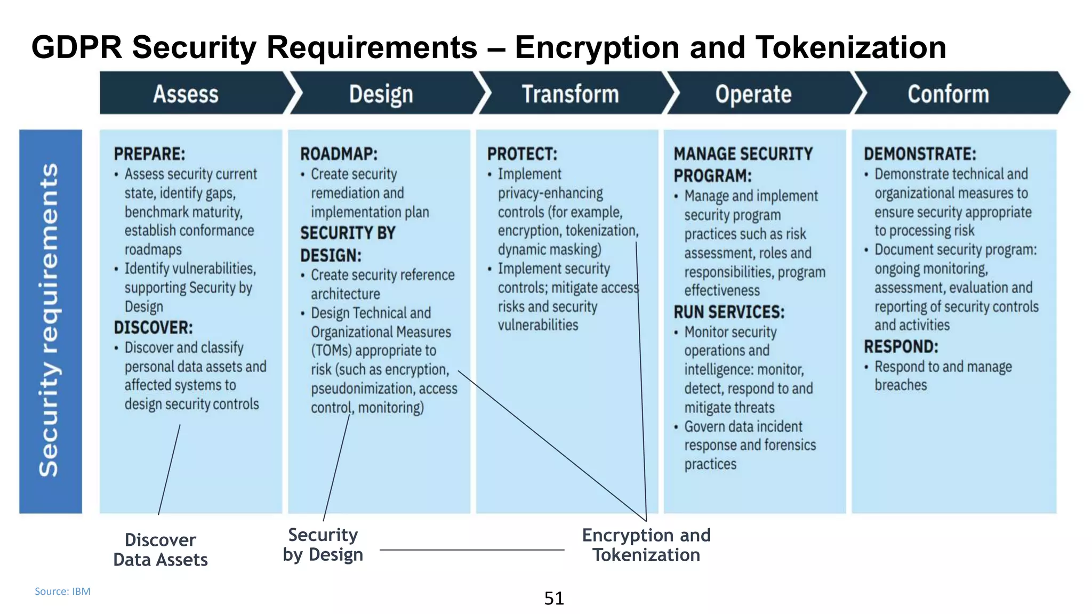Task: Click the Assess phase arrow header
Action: click(186, 94)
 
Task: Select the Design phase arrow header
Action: click(381, 94)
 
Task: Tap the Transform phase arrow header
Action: click(570, 94)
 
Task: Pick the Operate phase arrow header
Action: click(753, 94)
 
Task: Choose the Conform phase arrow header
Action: click(948, 94)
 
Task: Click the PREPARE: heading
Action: click(149, 154)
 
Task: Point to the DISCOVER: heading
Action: click(153, 327)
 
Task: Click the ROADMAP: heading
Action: click(339, 154)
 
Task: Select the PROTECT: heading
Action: click(522, 154)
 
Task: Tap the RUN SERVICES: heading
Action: click(729, 312)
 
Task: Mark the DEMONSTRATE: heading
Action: click(920, 154)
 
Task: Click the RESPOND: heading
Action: click(901, 346)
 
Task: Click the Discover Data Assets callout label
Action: click(160, 550)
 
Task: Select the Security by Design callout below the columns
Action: click(323, 545)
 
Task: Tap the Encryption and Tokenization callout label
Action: click(646, 545)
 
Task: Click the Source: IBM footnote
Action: click(62, 591)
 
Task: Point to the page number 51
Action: click(554, 599)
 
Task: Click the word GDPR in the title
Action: click(77, 47)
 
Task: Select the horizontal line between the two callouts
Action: click(472, 550)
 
